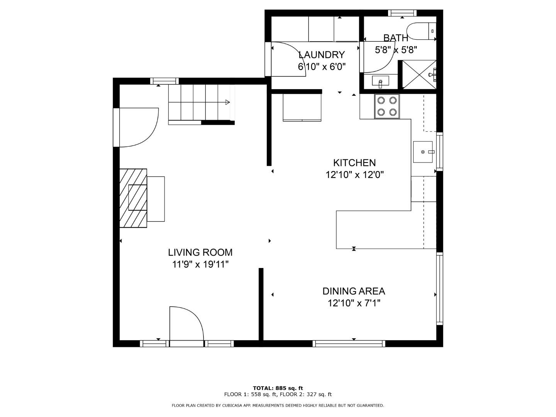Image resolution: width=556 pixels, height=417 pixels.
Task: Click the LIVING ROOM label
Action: click(200, 253)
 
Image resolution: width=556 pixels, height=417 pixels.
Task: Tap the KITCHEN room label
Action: click(354, 163)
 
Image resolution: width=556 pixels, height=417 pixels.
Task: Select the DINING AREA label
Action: click(354, 291)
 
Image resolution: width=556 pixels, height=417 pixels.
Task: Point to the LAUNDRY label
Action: click(321, 54)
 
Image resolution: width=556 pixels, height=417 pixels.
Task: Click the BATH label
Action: click(395, 38)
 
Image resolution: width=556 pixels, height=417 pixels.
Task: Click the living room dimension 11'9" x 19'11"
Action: click(200, 264)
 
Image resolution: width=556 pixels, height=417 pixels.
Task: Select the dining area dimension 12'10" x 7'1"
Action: click(354, 303)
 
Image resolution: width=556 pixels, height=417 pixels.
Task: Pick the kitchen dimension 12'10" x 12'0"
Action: click(354, 175)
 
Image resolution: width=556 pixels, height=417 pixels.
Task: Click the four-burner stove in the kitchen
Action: click(387, 106)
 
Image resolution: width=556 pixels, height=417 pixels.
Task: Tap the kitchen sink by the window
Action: click(424, 152)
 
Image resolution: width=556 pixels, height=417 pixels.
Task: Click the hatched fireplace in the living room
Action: click(133, 198)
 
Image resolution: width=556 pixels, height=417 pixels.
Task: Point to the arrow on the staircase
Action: click(227, 102)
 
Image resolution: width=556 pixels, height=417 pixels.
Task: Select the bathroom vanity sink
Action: click(381, 81)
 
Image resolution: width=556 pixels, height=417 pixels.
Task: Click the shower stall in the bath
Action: click(419, 75)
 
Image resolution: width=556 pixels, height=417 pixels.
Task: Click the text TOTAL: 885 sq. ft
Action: click(278, 388)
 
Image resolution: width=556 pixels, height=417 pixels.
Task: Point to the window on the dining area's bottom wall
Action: click(349, 343)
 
